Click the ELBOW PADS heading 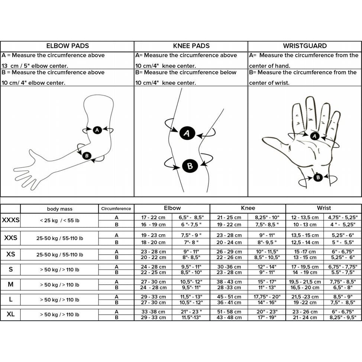(x=68, y=46)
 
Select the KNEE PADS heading (x=191, y=46)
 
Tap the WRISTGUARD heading (x=305, y=46)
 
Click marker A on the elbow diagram (x=97, y=130)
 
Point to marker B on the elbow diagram (x=87, y=156)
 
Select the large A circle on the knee (x=187, y=133)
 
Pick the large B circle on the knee (x=190, y=166)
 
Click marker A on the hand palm (x=315, y=136)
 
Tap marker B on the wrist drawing (x=318, y=178)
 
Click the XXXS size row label (x=10, y=220)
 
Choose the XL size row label (x=10, y=314)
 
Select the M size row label (x=10, y=285)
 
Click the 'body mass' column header (x=59, y=209)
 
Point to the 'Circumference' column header (x=116, y=209)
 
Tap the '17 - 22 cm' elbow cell (x=153, y=217)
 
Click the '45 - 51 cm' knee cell (x=229, y=297)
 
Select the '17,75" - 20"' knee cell (x=267, y=297)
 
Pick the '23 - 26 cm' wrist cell (x=305, y=312)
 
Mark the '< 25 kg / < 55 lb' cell (x=59, y=220)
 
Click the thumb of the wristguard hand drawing (x=275, y=141)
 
